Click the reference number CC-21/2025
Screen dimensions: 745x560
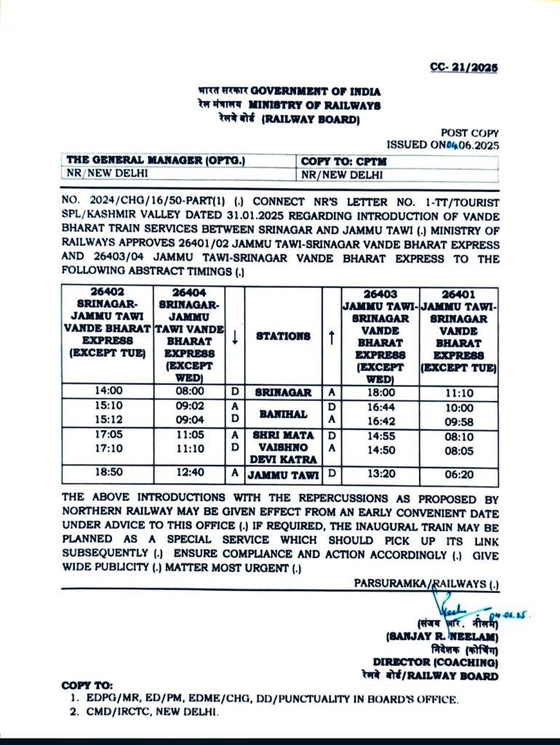pos(463,68)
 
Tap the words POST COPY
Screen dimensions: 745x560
pos(470,132)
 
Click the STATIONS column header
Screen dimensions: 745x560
pos(283,336)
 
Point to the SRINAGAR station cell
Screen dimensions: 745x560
pos(283,392)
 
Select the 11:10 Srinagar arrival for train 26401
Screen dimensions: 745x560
pos(458,392)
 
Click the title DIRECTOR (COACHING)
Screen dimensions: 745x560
pos(436,663)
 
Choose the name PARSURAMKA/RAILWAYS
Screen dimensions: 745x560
pos(426,583)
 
